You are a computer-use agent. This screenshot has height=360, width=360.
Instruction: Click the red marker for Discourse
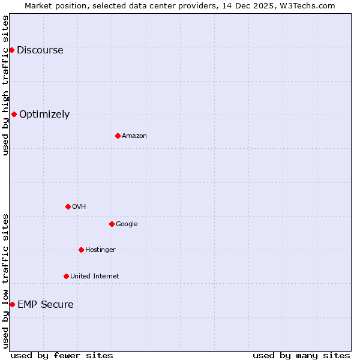pyautogui.click(x=11, y=50)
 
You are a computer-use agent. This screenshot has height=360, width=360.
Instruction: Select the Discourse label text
pyautogui.click(x=40, y=50)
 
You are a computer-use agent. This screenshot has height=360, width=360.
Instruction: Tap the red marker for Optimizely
pyautogui.click(x=14, y=114)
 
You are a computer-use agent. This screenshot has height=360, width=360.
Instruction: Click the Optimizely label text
pyautogui.click(x=44, y=115)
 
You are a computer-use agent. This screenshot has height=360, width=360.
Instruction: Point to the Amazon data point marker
pyautogui.click(x=118, y=136)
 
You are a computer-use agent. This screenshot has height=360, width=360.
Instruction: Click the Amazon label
pyautogui.click(x=134, y=136)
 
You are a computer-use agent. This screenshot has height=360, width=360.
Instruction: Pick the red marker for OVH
pyautogui.click(x=68, y=206)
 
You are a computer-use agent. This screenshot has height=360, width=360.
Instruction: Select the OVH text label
pyautogui.click(x=79, y=207)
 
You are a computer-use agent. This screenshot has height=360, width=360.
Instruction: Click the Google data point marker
pyautogui.click(x=112, y=224)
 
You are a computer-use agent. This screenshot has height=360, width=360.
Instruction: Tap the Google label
pyautogui.click(x=127, y=224)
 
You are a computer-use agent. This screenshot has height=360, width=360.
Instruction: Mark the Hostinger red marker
pyautogui.click(x=81, y=250)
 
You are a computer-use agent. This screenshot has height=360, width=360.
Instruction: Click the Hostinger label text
pyautogui.click(x=100, y=250)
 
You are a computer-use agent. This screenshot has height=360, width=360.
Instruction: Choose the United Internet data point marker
pyautogui.click(x=66, y=276)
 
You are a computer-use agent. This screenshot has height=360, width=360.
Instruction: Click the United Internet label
pyautogui.click(x=94, y=277)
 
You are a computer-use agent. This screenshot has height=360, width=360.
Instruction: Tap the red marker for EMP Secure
pyautogui.click(x=12, y=304)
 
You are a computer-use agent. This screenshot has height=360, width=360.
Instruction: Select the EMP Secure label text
pyautogui.click(x=46, y=305)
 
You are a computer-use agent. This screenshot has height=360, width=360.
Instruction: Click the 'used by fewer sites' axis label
pyautogui.click(x=62, y=355)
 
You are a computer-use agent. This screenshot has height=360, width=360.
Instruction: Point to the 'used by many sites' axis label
pyautogui.click(x=301, y=355)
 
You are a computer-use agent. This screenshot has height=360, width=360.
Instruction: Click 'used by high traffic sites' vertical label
pyautogui.click(x=6, y=85)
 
